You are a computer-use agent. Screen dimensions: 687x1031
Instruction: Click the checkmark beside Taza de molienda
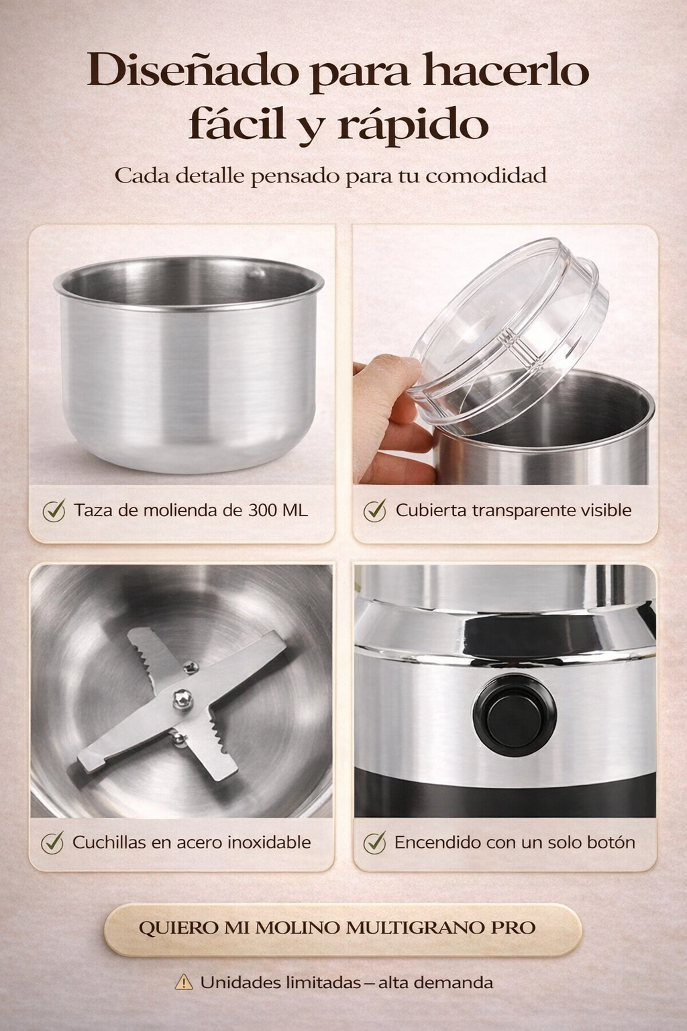[x=54, y=509]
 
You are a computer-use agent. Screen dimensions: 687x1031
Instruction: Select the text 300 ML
[x=278, y=510]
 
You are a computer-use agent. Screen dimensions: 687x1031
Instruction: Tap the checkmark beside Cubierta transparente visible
[x=374, y=509]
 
